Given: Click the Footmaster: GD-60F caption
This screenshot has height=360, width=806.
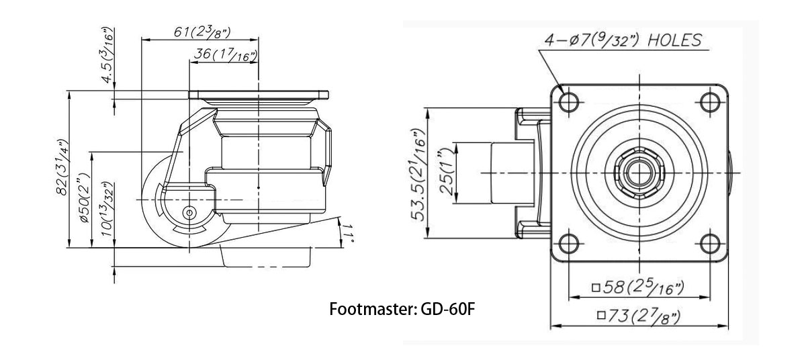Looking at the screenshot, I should coord(403,311).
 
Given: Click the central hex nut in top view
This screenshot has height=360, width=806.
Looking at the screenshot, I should coord(637,172).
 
